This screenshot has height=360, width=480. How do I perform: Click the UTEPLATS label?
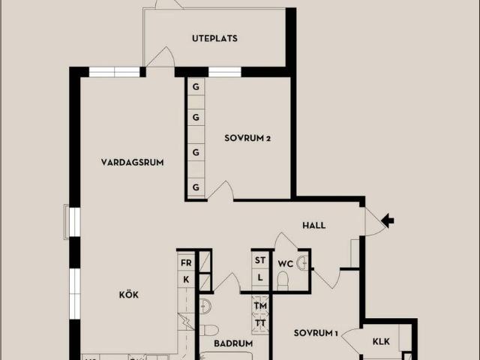[x=214, y=38]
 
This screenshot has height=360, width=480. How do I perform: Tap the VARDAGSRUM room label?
[x=132, y=162]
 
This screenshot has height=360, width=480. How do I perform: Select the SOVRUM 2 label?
[x=247, y=138]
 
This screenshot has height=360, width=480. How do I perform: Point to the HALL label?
[x=313, y=226]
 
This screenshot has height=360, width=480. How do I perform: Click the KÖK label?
[x=128, y=295]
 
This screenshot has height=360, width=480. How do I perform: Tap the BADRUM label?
[x=233, y=343]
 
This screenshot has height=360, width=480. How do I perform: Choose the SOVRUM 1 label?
[x=316, y=333]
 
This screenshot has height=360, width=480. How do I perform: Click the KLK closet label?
[x=381, y=341]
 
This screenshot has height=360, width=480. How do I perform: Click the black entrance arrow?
[x=388, y=220]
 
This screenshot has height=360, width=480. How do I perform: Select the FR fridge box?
[x=186, y=262]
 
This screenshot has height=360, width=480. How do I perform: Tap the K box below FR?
[x=186, y=280]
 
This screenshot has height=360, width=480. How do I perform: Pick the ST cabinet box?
[x=260, y=260]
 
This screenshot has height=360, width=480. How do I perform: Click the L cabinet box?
[x=260, y=277]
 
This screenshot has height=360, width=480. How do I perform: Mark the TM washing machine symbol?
[x=260, y=305]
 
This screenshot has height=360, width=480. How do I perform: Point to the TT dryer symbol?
[x=260, y=323]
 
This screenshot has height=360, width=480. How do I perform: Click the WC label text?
[x=285, y=263]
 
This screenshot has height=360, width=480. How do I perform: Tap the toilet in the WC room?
[x=283, y=281]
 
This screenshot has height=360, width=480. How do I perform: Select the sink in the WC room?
[x=301, y=263]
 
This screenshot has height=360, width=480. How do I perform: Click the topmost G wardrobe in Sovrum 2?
[x=196, y=87]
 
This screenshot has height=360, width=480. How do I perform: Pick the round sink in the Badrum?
[x=205, y=306]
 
